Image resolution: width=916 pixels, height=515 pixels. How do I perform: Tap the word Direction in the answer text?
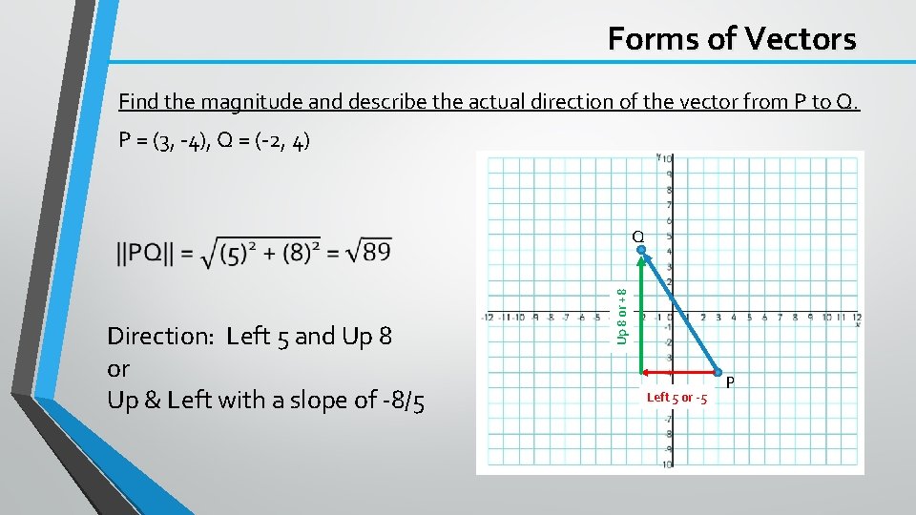[161, 336]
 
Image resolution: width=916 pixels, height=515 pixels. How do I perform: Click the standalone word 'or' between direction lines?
[118, 368]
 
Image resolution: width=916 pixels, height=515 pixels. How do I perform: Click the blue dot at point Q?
[642, 251]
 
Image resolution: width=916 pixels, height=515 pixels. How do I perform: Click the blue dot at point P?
[718, 371]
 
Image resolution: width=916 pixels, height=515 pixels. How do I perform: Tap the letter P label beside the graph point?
[731, 382]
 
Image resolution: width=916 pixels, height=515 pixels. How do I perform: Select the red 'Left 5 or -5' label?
[677, 398]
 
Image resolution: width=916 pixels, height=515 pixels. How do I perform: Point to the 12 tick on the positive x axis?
[857, 317]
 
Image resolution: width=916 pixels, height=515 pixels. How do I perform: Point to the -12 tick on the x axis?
[489, 317]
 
